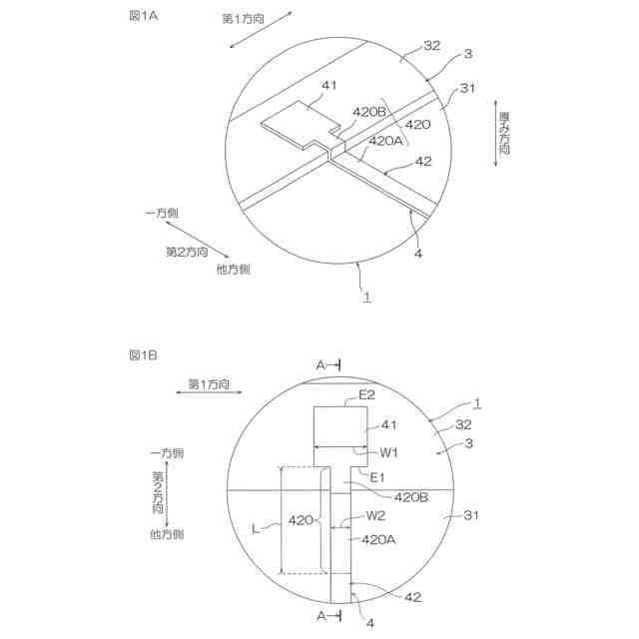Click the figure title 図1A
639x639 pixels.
pos(144,16)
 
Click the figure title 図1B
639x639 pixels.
pos(143,355)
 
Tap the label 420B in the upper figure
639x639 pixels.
pos(368,112)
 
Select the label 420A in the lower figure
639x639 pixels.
pos(378,539)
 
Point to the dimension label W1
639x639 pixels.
pos(388,452)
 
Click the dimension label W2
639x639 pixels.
pos(375,516)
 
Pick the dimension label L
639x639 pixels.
pos(256,529)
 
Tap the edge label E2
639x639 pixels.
pos(366,395)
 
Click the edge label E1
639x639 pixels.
pos(377,477)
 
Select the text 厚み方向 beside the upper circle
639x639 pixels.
pos(504,133)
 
